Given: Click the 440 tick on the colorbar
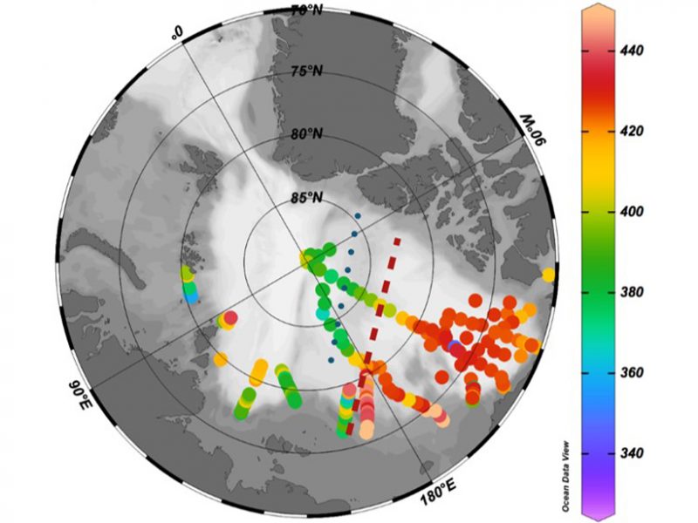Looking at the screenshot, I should pos(629,51).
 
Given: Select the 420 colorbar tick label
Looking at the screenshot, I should pos(629,132).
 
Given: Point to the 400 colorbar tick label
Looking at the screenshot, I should pos(629,212).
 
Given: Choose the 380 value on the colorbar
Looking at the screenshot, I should pos(629,292).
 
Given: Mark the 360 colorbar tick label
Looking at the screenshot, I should pos(629,373).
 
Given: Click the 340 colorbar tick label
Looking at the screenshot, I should pos(629,453).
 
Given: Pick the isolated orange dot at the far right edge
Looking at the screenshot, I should pos(548,275).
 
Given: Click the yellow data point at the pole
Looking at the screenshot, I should pos(306,258).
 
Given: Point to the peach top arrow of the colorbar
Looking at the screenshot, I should pos(600,8).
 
